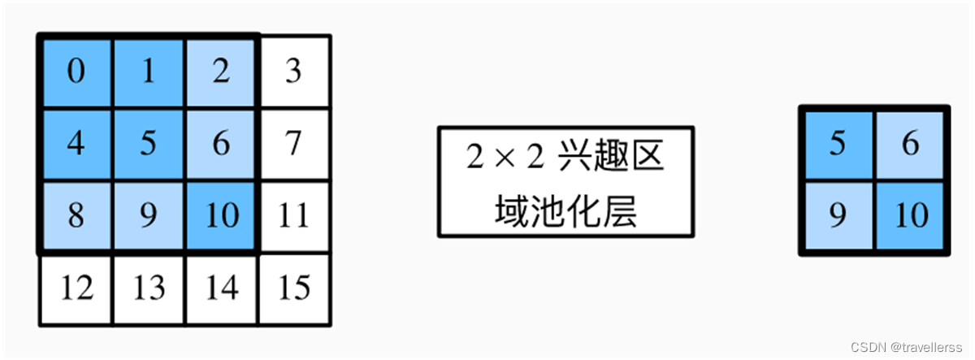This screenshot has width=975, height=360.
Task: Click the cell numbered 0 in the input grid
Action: click(76, 72)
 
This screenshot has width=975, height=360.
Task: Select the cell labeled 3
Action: click(294, 72)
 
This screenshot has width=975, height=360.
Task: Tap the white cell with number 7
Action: click(294, 145)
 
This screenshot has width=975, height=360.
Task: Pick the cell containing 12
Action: click(76, 288)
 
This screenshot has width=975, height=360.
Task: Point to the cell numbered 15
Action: click(294, 288)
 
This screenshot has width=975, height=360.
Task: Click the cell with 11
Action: click(294, 217)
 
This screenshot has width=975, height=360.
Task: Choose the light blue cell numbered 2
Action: click(222, 72)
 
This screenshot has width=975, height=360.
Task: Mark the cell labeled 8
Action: click(76, 217)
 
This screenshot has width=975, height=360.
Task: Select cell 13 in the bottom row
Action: click(149, 288)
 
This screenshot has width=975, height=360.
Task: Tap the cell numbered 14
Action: click(222, 288)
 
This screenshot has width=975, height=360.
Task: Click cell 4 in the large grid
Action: click(76, 145)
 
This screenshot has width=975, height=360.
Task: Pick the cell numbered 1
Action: click(149, 72)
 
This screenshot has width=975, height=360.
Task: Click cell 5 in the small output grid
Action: click(838, 145)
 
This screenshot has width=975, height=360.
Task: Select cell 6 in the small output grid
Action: click(910, 145)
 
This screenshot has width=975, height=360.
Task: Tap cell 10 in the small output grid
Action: click(910, 216)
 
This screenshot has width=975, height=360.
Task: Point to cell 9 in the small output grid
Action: click(838, 216)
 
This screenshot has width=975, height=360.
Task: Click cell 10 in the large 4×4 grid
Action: click(222, 217)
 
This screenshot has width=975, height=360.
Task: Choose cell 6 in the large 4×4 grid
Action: click(222, 145)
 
